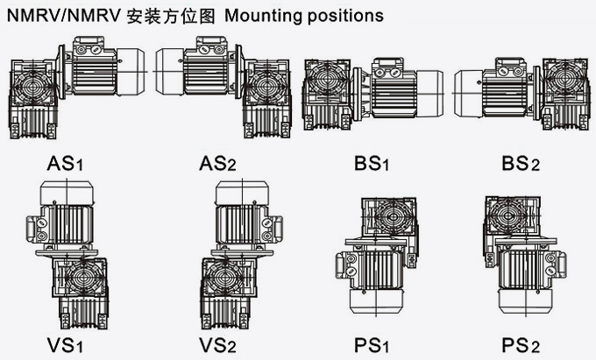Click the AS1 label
click(x=67, y=164)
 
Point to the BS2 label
click(x=521, y=164)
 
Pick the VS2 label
click(x=219, y=344)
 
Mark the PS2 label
click(x=521, y=344)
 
